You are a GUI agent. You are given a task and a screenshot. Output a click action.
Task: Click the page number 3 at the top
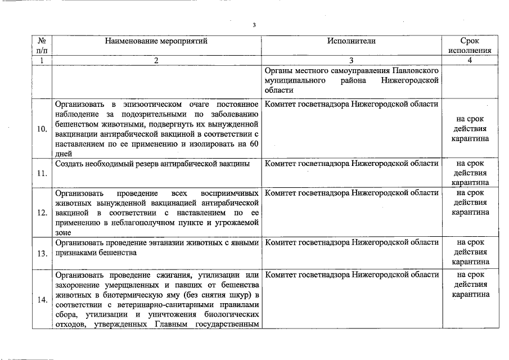[254, 25]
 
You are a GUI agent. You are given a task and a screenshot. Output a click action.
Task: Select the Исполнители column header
[351, 41]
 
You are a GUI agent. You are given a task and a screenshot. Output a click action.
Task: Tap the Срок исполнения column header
[470, 46]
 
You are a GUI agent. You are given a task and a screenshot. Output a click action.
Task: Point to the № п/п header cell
[42, 46]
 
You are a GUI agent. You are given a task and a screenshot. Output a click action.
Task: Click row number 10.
[42, 129]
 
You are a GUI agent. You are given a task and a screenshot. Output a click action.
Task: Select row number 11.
[42, 173]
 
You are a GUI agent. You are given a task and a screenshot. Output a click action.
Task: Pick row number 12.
[42, 213]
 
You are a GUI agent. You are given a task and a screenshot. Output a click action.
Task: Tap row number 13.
[42, 253]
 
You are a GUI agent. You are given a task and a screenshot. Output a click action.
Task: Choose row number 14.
[42, 300]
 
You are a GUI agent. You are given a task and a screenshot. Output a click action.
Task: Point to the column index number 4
[470, 60]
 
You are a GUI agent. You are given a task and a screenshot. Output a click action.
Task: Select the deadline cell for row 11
[470, 173]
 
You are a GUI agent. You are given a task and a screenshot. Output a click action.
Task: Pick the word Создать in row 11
[69, 164]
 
